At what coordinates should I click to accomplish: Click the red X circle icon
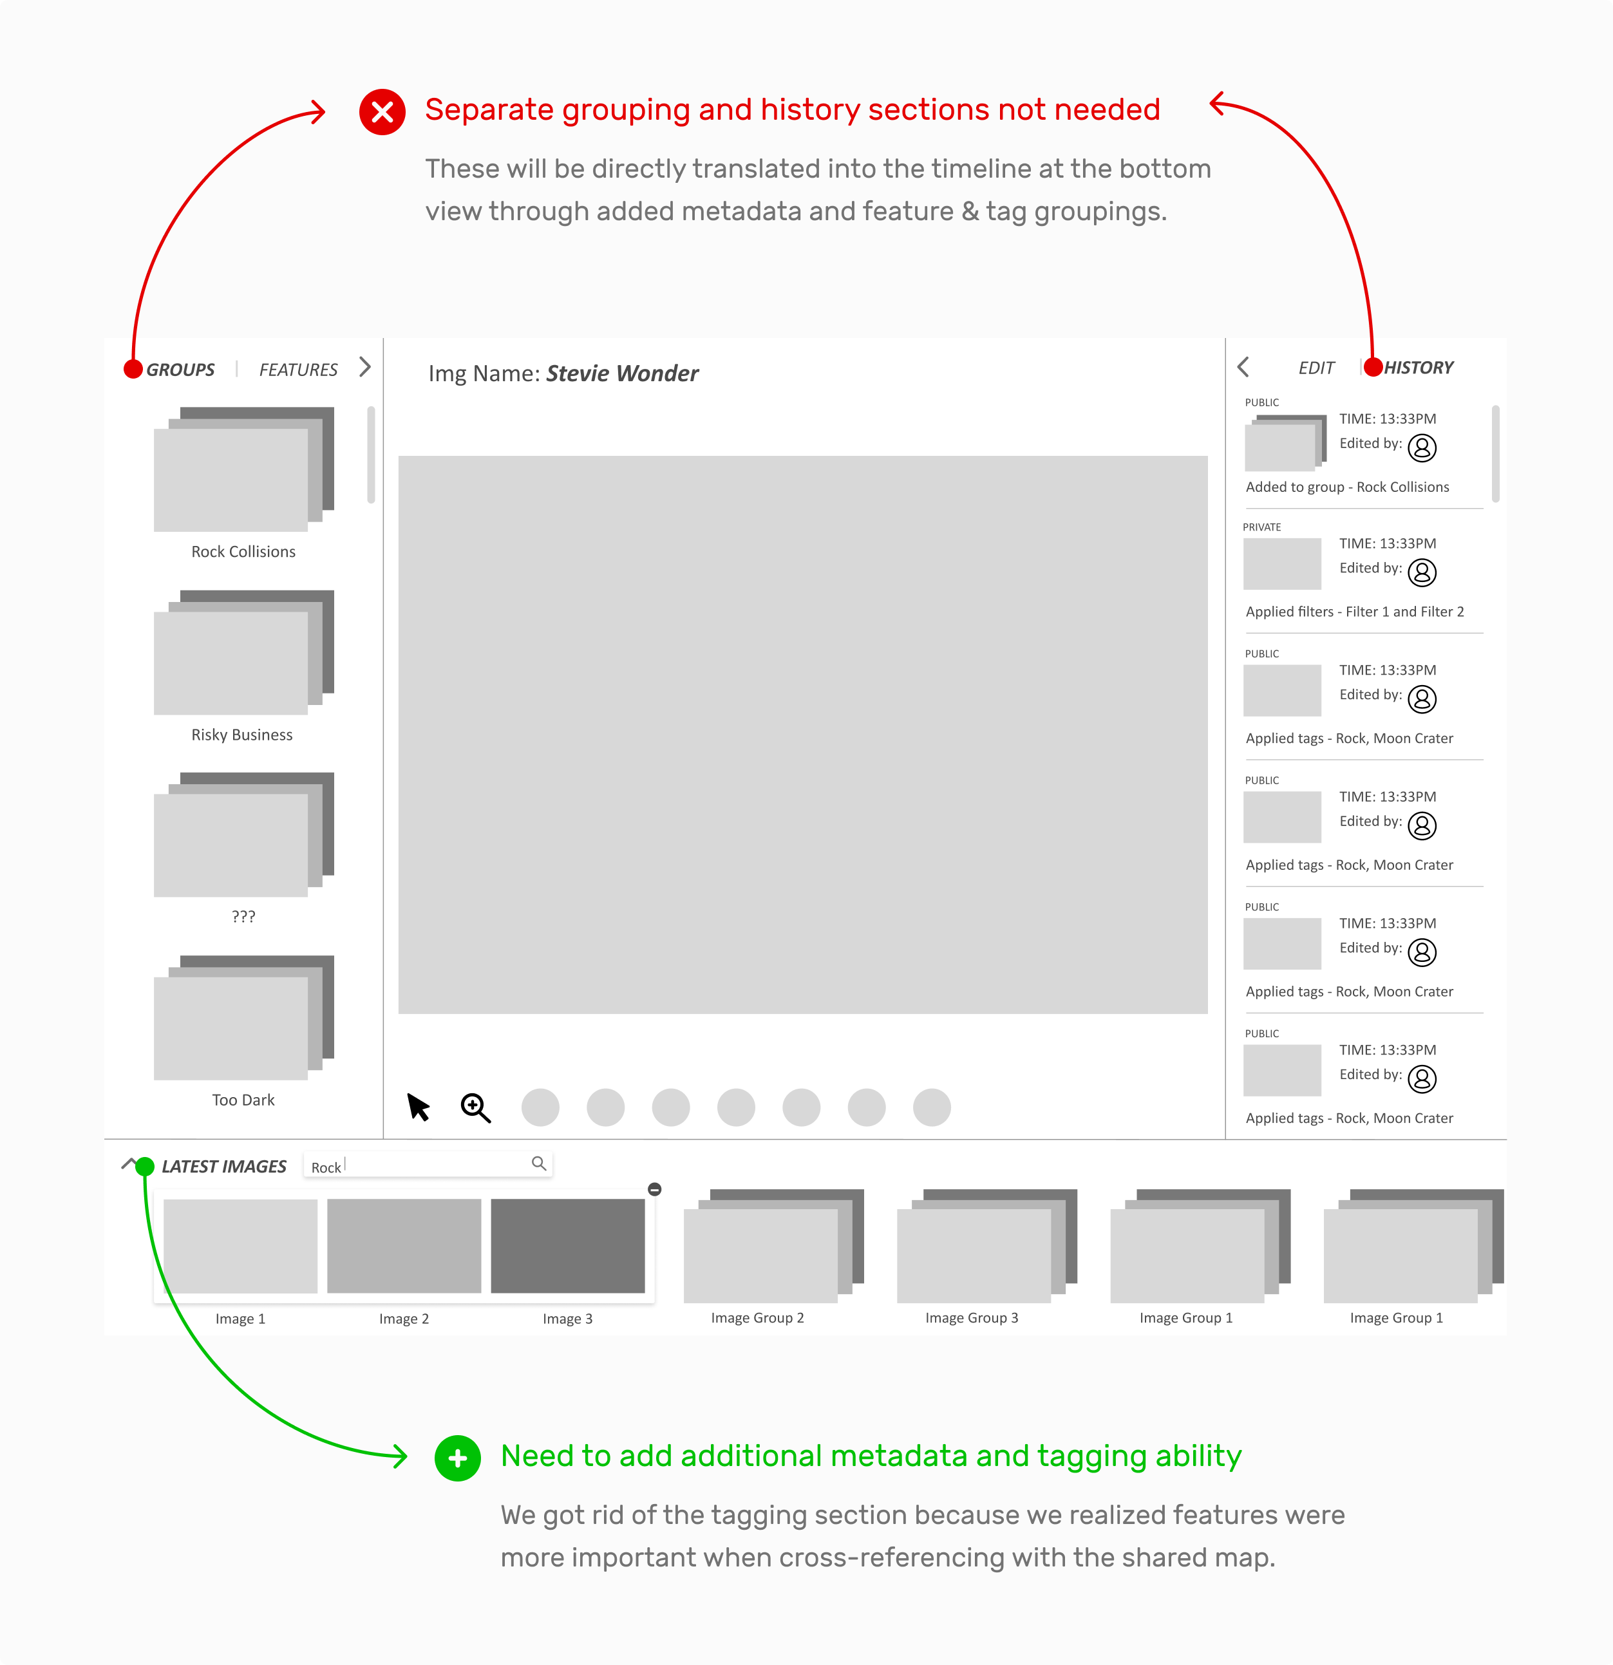(x=382, y=112)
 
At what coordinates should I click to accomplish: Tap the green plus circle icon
(x=457, y=1458)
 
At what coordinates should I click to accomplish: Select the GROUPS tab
(x=180, y=370)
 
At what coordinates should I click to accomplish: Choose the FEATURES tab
(x=298, y=370)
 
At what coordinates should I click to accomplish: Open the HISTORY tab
(x=1419, y=368)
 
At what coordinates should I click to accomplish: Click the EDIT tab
(x=1316, y=368)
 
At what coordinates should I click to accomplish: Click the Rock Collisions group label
(x=243, y=551)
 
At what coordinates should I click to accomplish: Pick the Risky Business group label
(x=242, y=735)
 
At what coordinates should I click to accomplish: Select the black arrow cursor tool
(x=418, y=1107)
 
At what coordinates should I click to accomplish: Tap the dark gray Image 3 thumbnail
(x=567, y=1245)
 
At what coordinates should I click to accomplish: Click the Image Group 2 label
(x=757, y=1317)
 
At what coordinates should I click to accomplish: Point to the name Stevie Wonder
(x=622, y=374)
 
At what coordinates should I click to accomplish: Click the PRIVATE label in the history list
(x=1261, y=527)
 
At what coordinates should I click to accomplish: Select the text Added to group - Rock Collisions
(x=1347, y=487)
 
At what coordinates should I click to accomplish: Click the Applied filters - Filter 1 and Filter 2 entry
(x=1355, y=612)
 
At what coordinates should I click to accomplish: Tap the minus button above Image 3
(x=654, y=1189)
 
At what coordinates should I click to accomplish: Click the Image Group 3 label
(x=971, y=1317)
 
